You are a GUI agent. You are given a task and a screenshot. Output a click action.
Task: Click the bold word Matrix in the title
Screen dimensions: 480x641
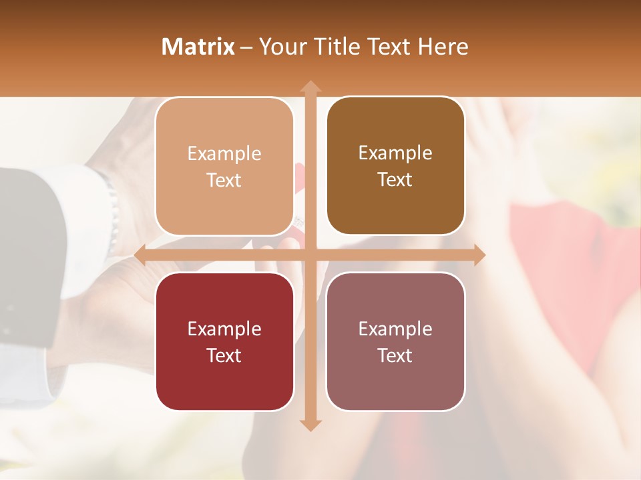(198, 47)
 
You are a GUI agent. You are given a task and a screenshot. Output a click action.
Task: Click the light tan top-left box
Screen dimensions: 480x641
(224, 167)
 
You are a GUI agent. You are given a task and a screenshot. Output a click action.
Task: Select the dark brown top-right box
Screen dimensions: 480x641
(395, 166)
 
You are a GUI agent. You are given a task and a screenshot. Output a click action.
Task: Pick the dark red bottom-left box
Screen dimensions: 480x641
(224, 341)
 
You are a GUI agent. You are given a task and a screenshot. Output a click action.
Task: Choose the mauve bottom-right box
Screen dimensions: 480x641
(395, 341)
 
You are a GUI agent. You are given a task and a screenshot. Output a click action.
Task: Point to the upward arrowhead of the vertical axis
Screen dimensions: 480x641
(310, 87)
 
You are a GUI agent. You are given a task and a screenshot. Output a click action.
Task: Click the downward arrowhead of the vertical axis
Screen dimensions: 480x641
(310, 425)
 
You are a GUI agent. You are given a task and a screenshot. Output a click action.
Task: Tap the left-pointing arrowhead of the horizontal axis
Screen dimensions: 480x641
(141, 255)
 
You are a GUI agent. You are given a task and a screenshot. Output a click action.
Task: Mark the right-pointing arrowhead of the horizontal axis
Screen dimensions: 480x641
(479, 255)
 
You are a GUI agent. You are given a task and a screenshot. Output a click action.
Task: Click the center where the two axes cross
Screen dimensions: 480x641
(310, 255)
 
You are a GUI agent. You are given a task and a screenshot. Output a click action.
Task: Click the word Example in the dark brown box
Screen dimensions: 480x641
(395, 153)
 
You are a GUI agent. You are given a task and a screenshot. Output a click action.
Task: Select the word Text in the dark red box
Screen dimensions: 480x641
(224, 355)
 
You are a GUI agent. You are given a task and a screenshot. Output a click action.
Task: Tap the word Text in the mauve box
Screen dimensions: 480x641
(395, 355)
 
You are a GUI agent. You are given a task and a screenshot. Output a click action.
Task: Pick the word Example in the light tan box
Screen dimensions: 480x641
(224, 153)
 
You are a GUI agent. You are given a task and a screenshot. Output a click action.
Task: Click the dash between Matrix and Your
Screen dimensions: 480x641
(246, 47)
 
